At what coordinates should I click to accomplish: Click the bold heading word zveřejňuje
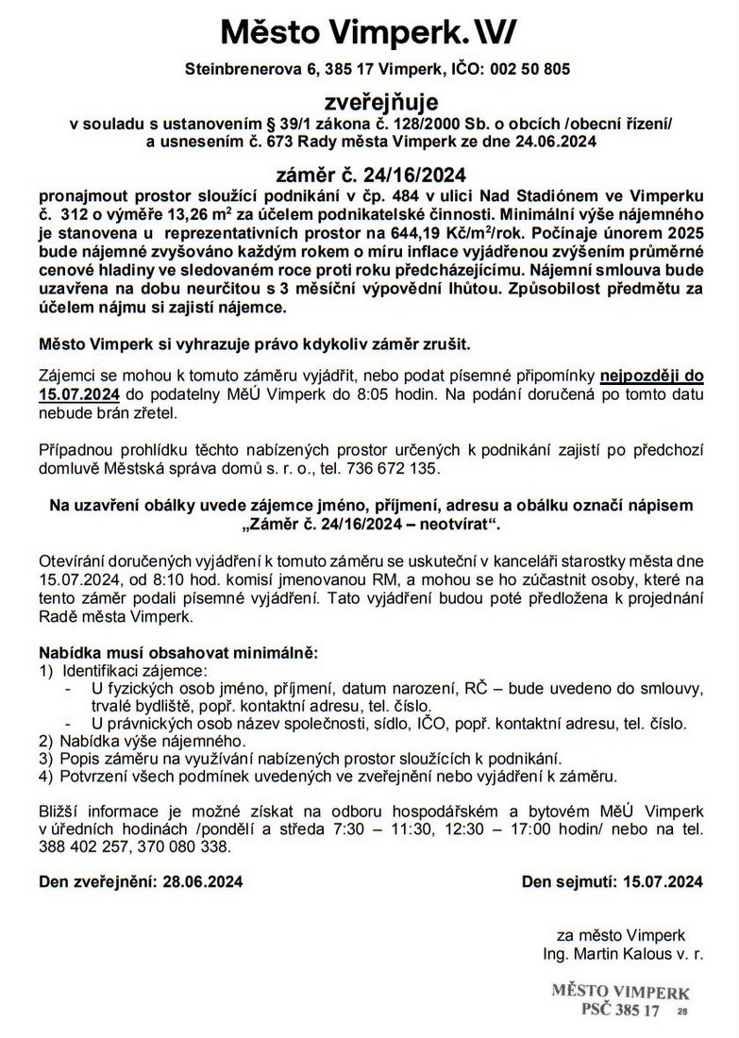coord(369,102)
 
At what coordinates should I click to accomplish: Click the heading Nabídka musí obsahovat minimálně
coord(178,653)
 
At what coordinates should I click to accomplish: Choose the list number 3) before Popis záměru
coord(47,758)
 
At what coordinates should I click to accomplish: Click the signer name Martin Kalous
coord(630,955)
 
